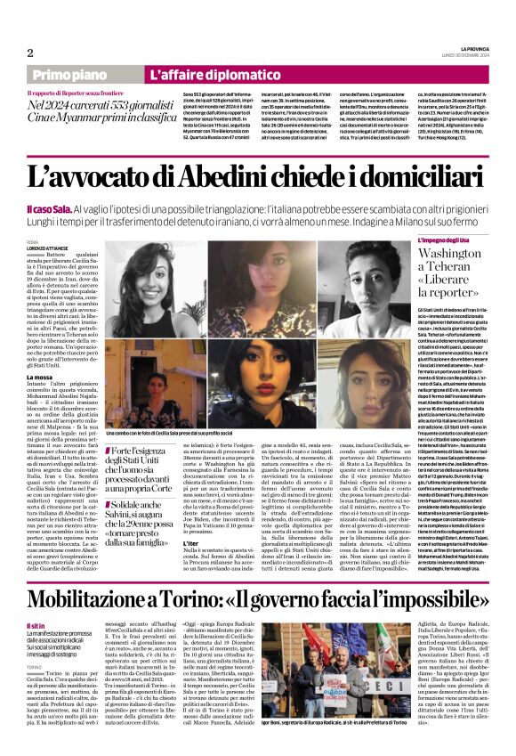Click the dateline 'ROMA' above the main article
coord(33,242)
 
